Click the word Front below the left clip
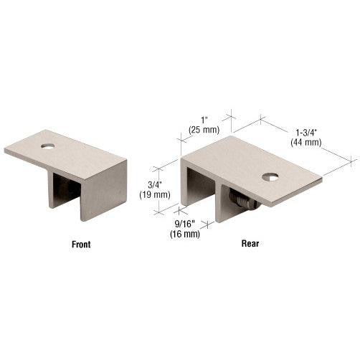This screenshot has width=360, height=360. [x=81, y=245]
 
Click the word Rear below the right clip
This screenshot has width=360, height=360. [x=250, y=244]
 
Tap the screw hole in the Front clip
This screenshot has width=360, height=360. [x=48, y=146]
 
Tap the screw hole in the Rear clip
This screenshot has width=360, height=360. [x=270, y=177]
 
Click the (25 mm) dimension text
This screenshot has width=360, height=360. [x=204, y=130]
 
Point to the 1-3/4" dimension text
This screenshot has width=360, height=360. [x=306, y=133]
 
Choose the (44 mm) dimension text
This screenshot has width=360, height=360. [x=306, y=142]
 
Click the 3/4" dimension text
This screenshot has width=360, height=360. [x=155, y=185]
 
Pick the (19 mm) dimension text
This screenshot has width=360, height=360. [x=155, y=195]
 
